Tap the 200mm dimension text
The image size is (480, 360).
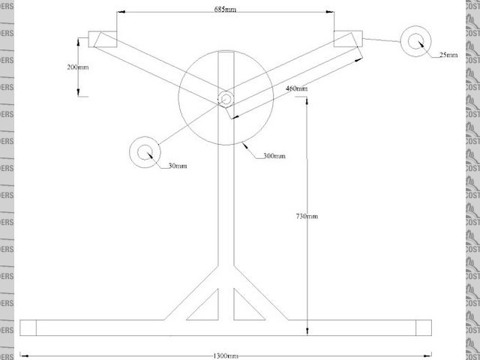77,67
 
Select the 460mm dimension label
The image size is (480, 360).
297,89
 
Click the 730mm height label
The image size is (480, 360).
307,216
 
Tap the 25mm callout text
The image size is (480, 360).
447,55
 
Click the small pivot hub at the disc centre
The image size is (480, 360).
226,97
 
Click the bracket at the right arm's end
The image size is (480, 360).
348,39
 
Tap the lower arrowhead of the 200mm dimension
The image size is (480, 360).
79,94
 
